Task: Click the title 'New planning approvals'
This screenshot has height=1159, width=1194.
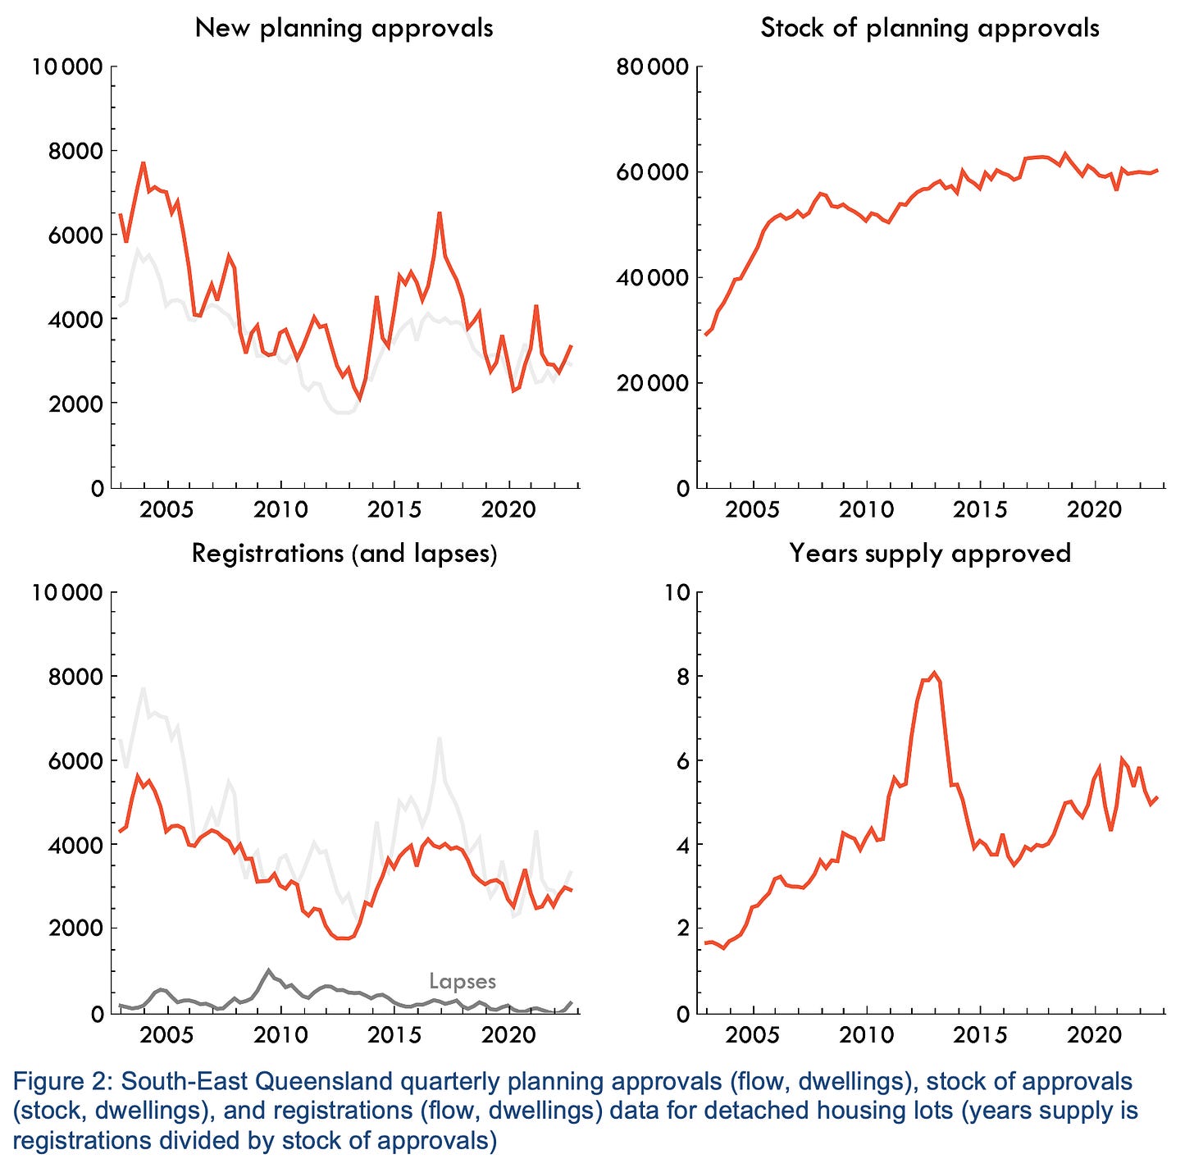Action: (344, 29)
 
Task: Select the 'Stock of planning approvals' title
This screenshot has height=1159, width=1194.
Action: (930, 29)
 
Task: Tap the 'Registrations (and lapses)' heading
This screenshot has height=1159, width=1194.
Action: (344, 554)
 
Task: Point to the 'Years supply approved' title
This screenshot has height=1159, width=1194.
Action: (930, 554)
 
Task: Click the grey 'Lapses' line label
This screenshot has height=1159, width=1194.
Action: (462, 981)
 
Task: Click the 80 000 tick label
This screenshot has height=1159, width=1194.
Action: (652, 66)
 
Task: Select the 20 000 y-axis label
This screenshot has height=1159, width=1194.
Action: (652, 383)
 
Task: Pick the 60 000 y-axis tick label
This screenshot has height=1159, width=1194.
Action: (652, 171)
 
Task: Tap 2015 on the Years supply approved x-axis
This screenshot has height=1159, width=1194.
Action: (980, 1036)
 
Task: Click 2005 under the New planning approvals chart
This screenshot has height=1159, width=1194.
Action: (166, 510)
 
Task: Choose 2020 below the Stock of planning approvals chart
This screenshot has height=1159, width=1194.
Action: (1094, 510)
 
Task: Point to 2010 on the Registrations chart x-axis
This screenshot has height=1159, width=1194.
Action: (280, 1036)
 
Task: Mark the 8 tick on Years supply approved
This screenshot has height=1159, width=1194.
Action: (682, 677)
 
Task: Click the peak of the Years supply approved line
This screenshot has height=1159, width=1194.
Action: (934, 673)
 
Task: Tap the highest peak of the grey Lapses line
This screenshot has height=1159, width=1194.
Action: (268, 970)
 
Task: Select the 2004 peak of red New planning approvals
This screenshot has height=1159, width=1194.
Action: (143, 163)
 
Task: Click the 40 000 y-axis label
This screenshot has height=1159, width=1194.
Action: (652, 277)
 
